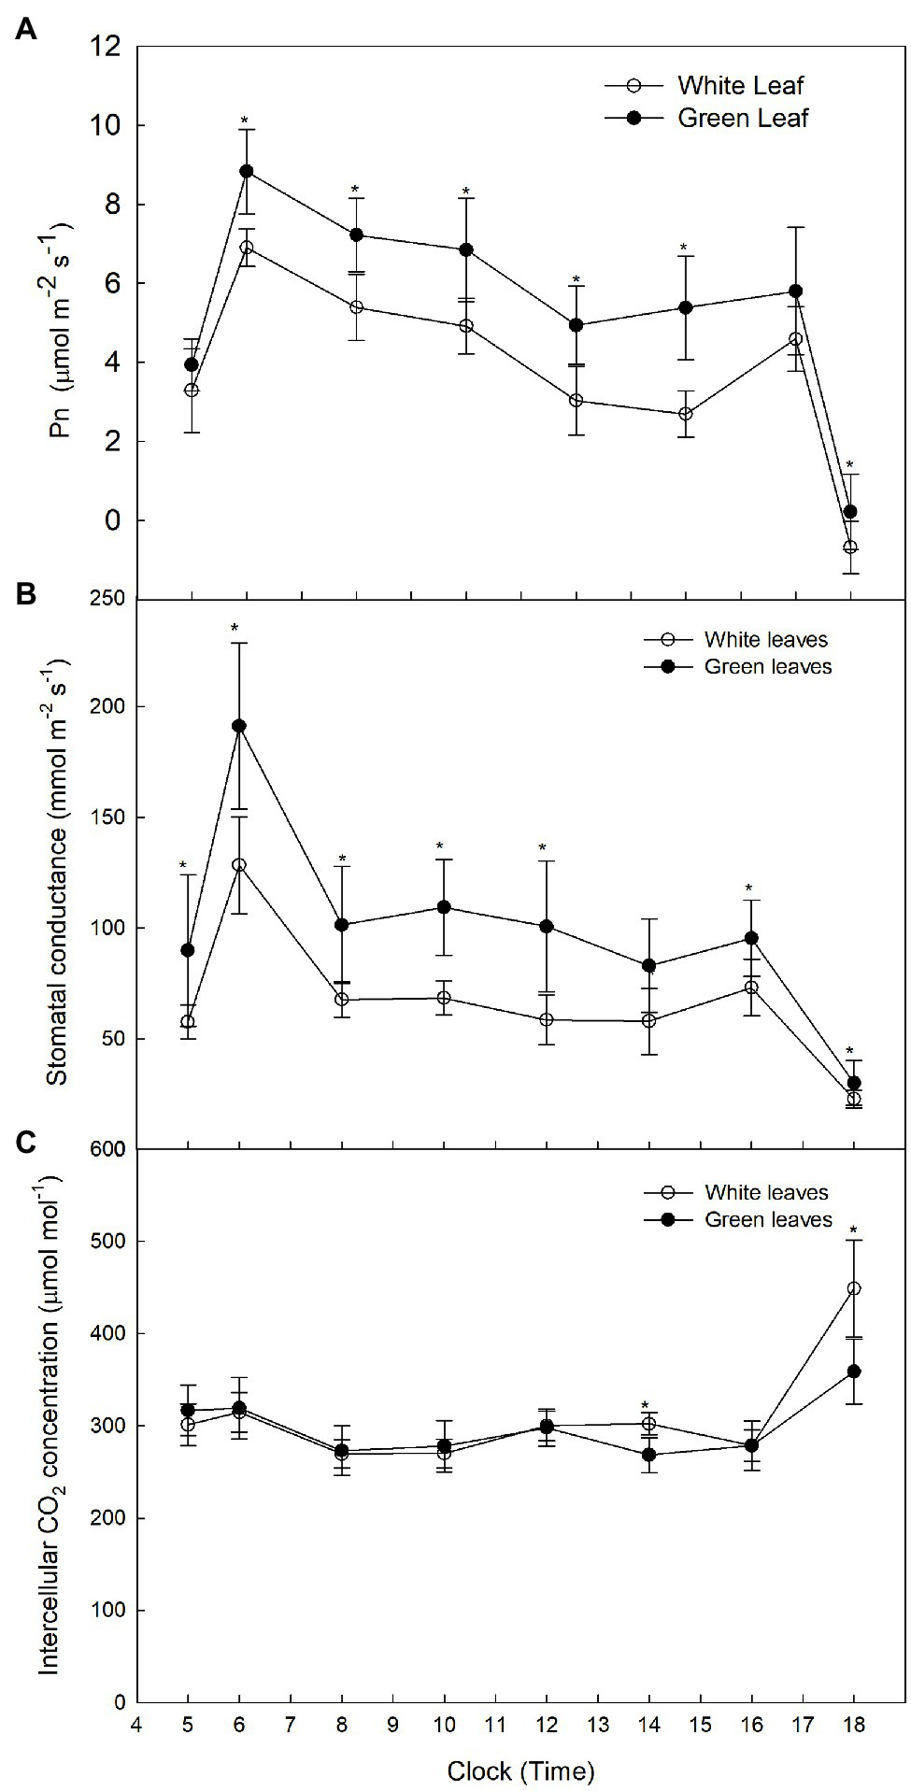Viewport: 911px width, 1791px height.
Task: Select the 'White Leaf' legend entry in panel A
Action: tap(740, 86)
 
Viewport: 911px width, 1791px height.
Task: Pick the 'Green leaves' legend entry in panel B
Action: tap(767, 666)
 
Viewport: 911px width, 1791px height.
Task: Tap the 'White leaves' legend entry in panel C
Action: tap(766, 1192)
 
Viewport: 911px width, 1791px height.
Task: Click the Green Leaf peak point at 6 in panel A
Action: tap(247, 171)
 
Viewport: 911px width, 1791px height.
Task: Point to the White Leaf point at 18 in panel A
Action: tap(849, 547)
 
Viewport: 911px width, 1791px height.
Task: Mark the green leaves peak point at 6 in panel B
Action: tap(239, 725)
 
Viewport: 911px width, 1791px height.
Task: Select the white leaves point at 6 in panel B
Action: tap(239, 865)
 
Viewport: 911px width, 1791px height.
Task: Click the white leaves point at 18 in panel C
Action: tap(853, 1288)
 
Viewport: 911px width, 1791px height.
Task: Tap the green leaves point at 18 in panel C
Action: tap(853, 1372)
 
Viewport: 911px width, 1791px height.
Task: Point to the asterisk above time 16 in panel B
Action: tap(749, 888)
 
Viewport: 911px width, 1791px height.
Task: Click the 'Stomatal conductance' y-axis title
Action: tap(58, 874)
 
